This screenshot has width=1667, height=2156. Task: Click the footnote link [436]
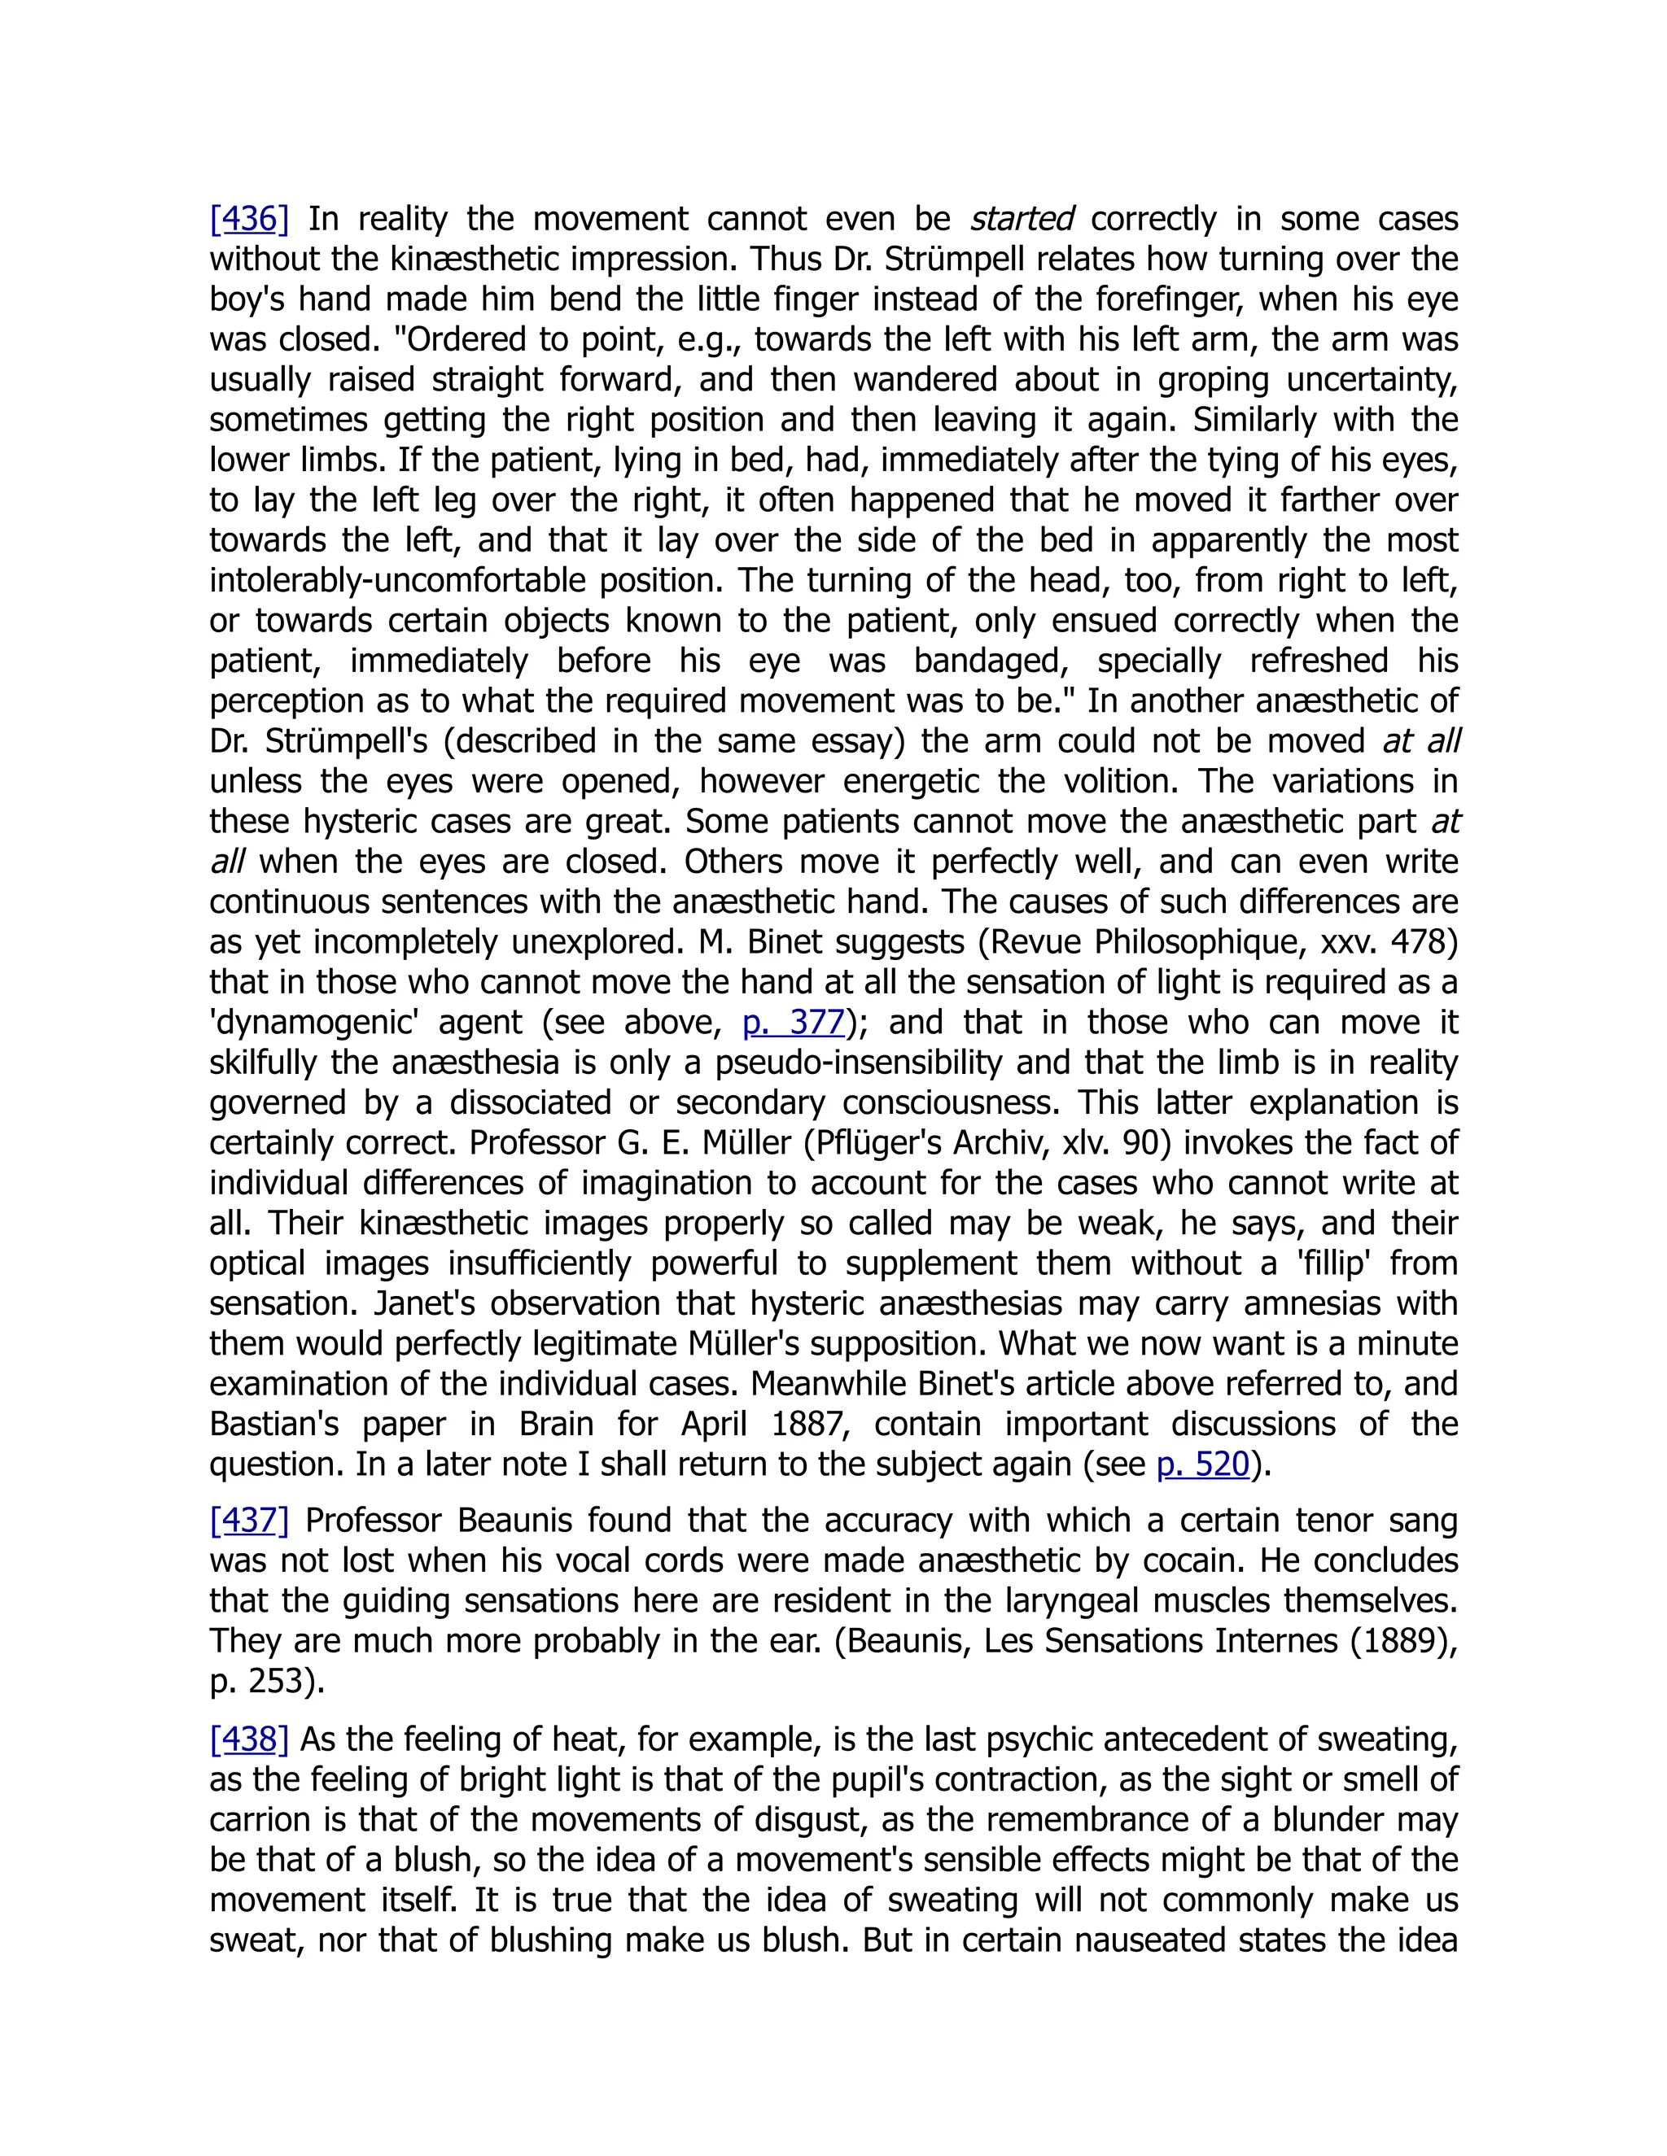pos(249,218)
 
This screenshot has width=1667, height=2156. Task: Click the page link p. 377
pos(794,1022)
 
